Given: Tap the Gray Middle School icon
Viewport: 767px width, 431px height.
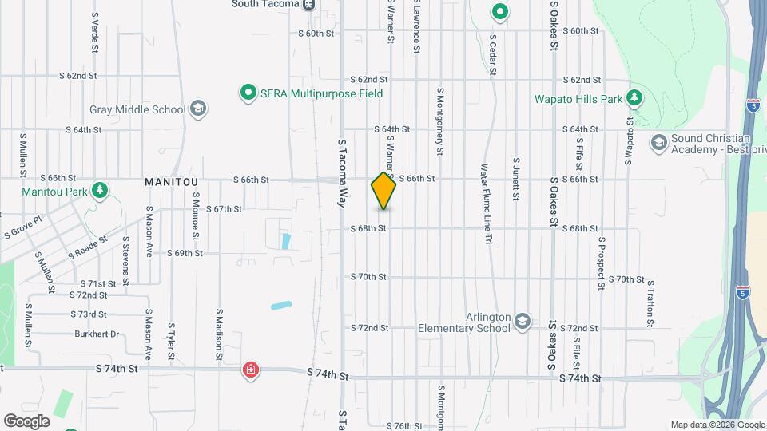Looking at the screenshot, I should (x=198, y=109).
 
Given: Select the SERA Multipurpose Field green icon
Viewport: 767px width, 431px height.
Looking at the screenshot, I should (x=248, y=93).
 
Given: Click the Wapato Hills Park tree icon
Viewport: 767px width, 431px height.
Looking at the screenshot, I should (x=634, y=98).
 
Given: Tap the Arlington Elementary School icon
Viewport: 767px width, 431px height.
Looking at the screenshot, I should (x=523, y=320).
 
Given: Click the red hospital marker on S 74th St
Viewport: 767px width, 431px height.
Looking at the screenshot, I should (x=251, y=370).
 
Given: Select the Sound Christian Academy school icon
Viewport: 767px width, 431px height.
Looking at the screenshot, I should (x=659, y=143).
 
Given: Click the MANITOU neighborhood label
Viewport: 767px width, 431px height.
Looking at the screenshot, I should (x=171, y=182).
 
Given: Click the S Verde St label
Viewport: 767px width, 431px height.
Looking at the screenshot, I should (x=94, y=27).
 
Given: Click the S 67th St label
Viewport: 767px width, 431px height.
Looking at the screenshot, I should (x=224, y=209).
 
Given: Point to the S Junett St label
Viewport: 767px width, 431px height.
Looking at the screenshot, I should (x=516, y=178).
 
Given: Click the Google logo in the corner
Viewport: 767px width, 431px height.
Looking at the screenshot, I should (x=26, y=421).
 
